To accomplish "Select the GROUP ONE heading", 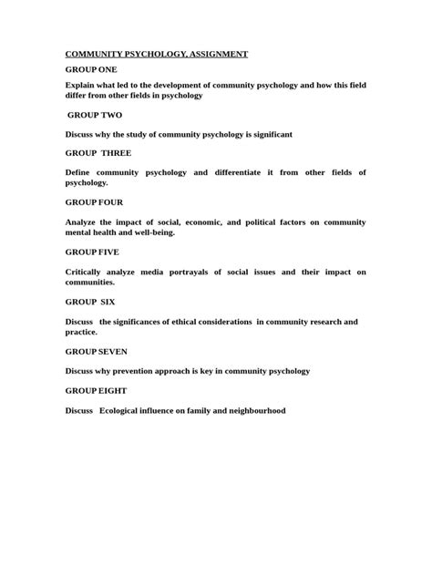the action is tap(91, 69).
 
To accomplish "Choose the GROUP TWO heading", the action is tap(95, 116).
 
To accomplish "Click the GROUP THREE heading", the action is tap(98, 152).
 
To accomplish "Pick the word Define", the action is tap(80, 172).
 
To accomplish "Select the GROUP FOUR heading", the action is tap(94, 202).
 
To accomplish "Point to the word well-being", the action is tap(151, 232).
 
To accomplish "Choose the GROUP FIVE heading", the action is tap(92, 252).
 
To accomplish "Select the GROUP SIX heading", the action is tap(90, 302).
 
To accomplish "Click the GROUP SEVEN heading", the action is tap(96, 351).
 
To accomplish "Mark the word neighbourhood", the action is tap(252, 411).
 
